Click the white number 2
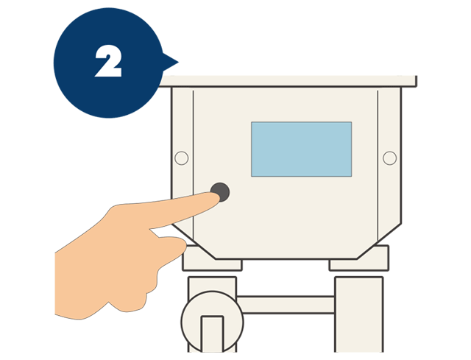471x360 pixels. coord(108,61)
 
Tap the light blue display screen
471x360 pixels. coord(301,149)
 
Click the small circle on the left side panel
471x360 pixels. coord(182,158)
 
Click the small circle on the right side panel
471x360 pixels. coord(389,158)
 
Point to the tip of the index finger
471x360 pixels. coord(218,197)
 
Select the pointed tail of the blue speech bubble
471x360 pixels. coord(178,63)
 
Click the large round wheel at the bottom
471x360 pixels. coord(212,322)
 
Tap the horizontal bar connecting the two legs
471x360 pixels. coord(286,305)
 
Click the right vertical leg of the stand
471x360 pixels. coord(359,314)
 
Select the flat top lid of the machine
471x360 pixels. coord(288,81)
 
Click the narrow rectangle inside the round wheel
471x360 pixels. coord(212,333)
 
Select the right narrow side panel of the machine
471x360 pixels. coord(389,162)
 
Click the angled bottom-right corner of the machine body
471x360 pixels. coord(379,241)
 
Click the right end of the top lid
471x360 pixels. coord(416,81)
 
